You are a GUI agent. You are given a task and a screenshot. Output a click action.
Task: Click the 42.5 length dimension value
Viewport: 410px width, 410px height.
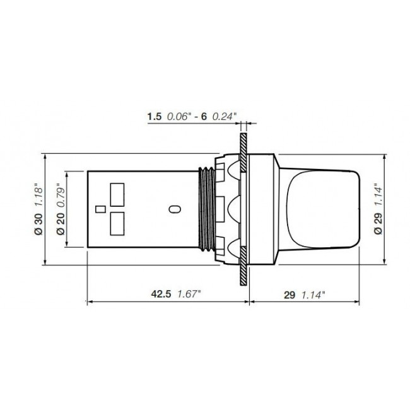[x=161, y=294]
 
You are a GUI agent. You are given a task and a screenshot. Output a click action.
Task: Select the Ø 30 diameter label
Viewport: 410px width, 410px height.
[x=38, y=224]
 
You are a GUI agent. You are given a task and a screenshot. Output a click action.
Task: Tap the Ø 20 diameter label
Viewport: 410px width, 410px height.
[x=61, y=224]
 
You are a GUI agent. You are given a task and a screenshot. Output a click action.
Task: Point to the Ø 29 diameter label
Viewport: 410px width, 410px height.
[x=378, y=224]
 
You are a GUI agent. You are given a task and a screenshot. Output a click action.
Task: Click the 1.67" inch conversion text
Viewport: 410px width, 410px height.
[x=189, y=294]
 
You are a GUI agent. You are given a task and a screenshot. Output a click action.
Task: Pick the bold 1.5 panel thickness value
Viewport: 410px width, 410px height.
[x=155, y=116]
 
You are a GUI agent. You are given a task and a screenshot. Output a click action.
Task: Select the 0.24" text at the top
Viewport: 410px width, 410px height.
[x=225, y=116]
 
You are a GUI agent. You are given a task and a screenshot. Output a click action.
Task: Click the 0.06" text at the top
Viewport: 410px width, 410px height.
[x=179, y=116]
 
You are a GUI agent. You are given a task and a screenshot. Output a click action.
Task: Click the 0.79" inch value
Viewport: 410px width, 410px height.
[x=61, y=195]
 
